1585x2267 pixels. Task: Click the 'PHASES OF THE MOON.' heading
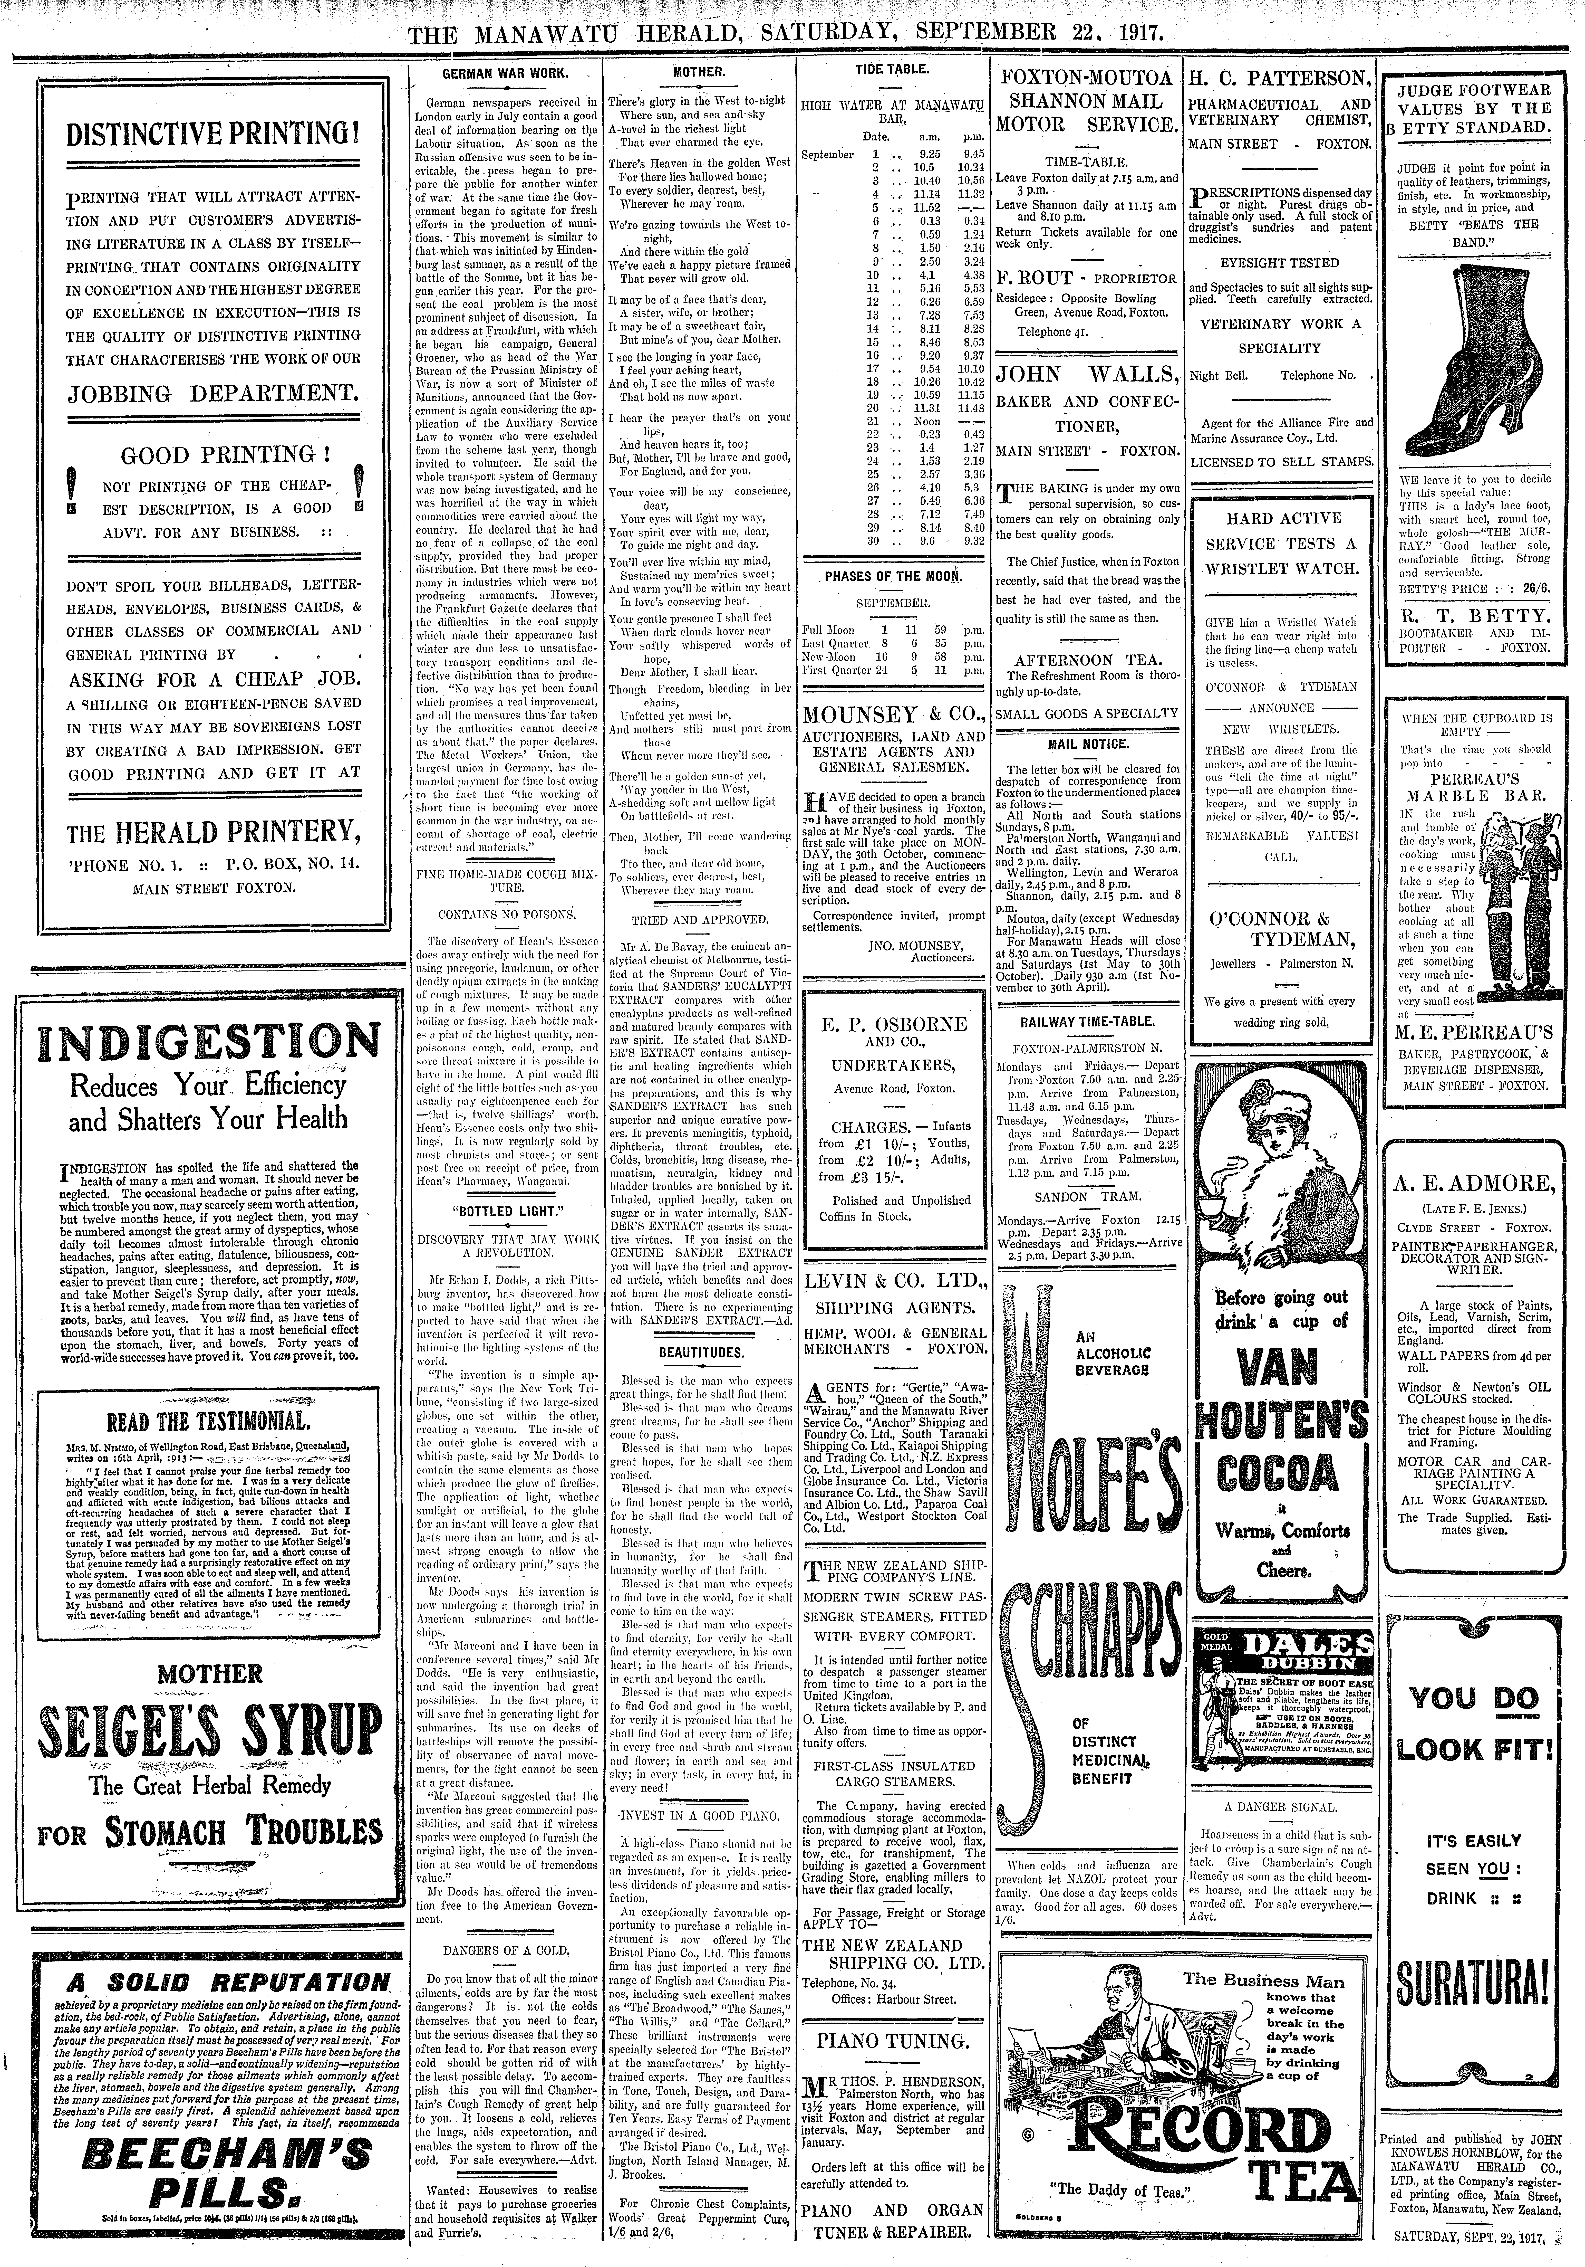[x=894, y=576]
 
